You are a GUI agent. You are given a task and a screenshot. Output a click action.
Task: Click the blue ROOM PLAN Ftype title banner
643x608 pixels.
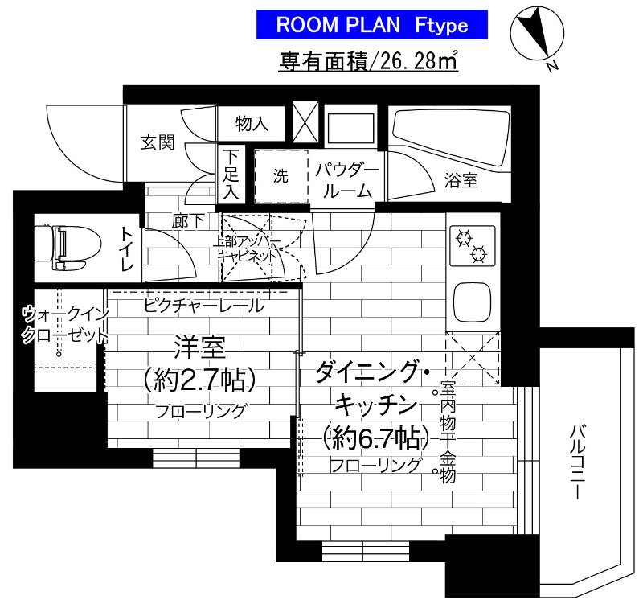click(372, 24)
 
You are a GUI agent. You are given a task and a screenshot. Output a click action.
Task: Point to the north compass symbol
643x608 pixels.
click(531, 33)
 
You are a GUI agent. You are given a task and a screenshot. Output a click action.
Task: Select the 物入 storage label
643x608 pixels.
click(252, 123)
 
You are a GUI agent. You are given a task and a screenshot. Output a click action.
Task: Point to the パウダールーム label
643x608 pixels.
click(346, 180)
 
